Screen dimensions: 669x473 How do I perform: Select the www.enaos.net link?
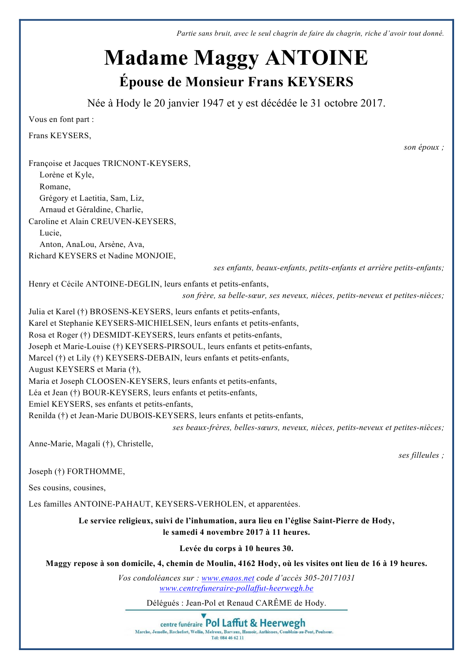coord(228,578)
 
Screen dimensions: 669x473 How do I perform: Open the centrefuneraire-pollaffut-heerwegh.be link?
coord(236,588)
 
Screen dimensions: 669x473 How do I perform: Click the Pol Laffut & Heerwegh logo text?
coord(255,623)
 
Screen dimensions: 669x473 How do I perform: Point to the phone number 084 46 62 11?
coord(231,638)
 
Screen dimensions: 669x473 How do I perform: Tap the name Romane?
coord(54,187)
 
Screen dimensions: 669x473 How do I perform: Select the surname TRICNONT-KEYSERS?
coord(146,163)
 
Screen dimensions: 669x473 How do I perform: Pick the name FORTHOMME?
coord(95,471)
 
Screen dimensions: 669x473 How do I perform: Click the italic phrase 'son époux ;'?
coord(423,147)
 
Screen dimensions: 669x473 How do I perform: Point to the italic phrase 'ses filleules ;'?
coord(421,455)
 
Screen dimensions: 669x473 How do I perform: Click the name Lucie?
coord(50,233)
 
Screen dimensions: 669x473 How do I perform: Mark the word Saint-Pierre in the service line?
coord(336,521)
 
